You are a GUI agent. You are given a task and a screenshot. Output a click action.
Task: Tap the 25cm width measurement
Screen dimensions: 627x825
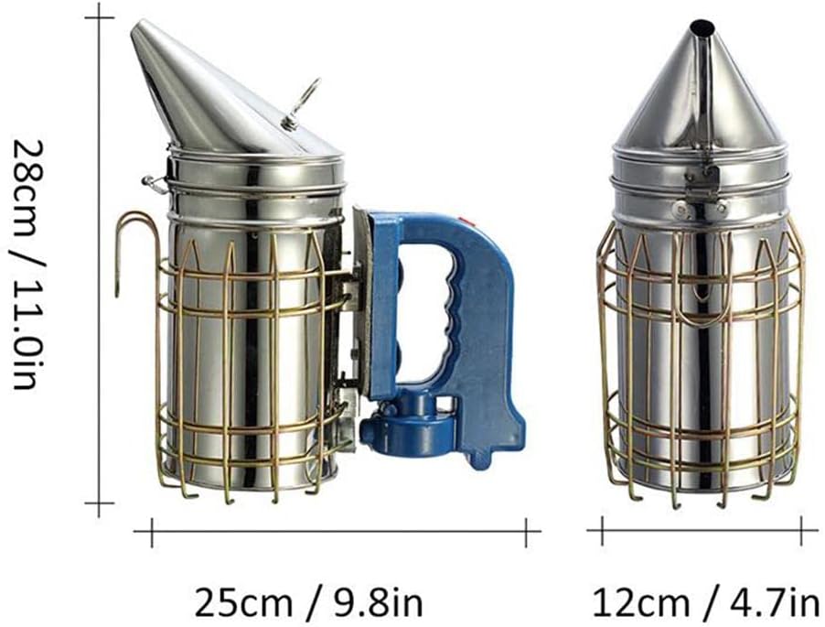tap(243, 602)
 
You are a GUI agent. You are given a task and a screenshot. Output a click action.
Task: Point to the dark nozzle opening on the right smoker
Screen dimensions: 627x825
tap(701, 28)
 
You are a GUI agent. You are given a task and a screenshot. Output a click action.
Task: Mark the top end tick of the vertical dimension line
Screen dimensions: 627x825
tap(99, 16)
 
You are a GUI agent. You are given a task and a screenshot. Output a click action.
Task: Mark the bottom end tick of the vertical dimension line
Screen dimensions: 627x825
tap(99, 503)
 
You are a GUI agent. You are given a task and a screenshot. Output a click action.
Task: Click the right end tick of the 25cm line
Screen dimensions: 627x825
tap(526, 530)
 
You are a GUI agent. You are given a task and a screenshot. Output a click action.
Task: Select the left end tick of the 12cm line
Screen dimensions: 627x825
tap(601, 530)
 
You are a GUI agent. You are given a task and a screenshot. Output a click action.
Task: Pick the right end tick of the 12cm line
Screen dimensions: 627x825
tap(802, 530)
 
